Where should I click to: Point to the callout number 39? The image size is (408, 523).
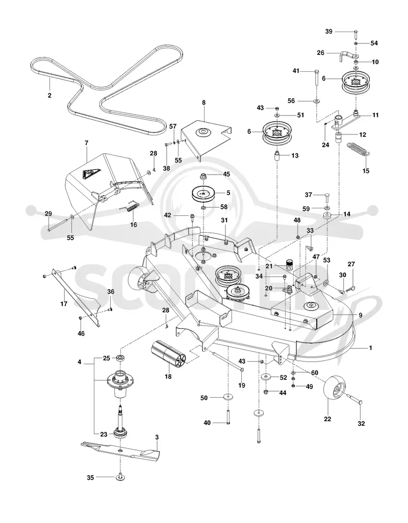pos(329,32)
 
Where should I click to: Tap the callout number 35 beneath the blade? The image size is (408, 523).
pos(90,478)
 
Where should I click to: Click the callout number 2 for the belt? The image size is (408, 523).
pos(49,95)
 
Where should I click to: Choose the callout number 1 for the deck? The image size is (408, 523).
pos(370,347)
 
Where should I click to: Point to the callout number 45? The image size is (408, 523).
pos(226,174)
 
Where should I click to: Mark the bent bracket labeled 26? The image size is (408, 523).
pos(346,55)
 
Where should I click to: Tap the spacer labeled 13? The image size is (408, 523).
pos(277,156)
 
